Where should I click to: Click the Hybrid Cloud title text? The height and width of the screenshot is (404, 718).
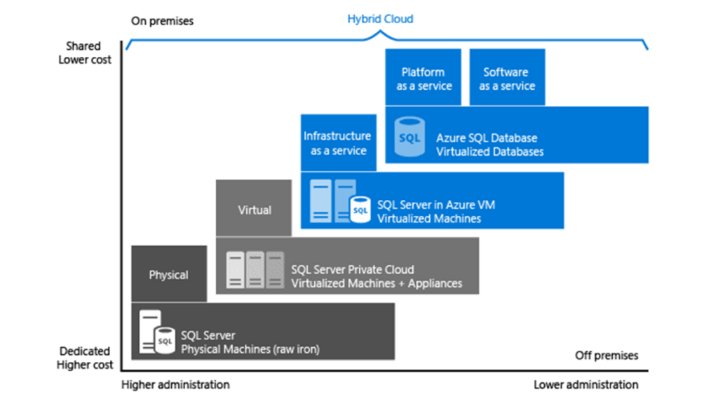tap(380, 19)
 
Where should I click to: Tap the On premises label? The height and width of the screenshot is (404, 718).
tap(162, 21)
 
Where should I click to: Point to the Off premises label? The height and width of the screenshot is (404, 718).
tap(607, 356)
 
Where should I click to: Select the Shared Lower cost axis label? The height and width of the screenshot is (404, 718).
tap(85, 53)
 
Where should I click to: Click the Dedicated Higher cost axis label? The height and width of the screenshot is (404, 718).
tap(85, 358)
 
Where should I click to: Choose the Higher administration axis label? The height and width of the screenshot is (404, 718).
tap(175, 384)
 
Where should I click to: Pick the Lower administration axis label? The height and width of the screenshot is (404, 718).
tap(585, 384)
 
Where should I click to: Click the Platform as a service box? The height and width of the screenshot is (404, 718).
tap(424, 78)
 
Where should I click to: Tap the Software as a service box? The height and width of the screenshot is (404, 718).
tap(506, 78)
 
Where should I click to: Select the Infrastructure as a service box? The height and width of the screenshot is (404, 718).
tap(337, 143)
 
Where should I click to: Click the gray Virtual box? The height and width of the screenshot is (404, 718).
tap(254, 209)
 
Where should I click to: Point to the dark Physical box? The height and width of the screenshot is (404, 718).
tap(168, 274)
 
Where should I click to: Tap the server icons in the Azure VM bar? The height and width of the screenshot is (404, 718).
tap(334, 201)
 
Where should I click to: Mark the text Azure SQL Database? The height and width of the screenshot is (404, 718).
tap(486, 138)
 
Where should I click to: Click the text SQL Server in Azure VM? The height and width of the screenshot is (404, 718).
tap(436, 205)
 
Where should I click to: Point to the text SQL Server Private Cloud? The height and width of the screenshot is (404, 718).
tap(353, 269)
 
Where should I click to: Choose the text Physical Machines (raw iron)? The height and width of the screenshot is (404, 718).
tap(250, 349)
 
